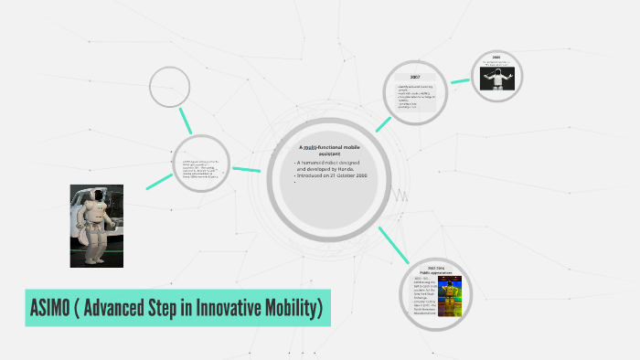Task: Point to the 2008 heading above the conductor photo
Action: coord(496,58)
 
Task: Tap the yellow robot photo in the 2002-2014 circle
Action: coord(449,295)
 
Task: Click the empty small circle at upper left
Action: coord(169,87)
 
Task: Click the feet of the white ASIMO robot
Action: coord(97,260)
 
